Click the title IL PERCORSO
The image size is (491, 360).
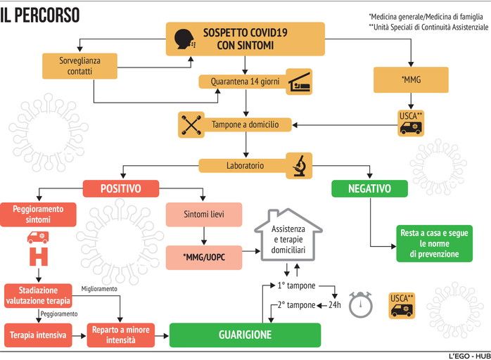tap(40, 15)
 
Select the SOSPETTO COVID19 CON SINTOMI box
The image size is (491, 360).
tap(245, 39)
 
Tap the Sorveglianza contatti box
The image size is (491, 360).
tap(79, 66)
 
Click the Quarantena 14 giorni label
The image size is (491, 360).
tap(245, 82)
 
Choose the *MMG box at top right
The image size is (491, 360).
tap(411, 80)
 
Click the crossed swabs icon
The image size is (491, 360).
tap(191, 124)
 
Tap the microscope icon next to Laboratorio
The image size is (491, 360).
tap(298, 165)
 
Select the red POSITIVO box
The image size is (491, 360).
tap(121, 189)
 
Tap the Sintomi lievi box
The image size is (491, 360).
tap(204, 214)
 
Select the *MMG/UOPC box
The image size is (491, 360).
tap(204, 257)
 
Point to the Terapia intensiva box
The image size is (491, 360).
tap(38, 335)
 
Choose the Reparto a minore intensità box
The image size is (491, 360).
tap(120, 335)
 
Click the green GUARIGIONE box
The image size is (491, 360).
tap(244, 335)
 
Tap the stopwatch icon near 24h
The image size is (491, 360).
tap(362, 304)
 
